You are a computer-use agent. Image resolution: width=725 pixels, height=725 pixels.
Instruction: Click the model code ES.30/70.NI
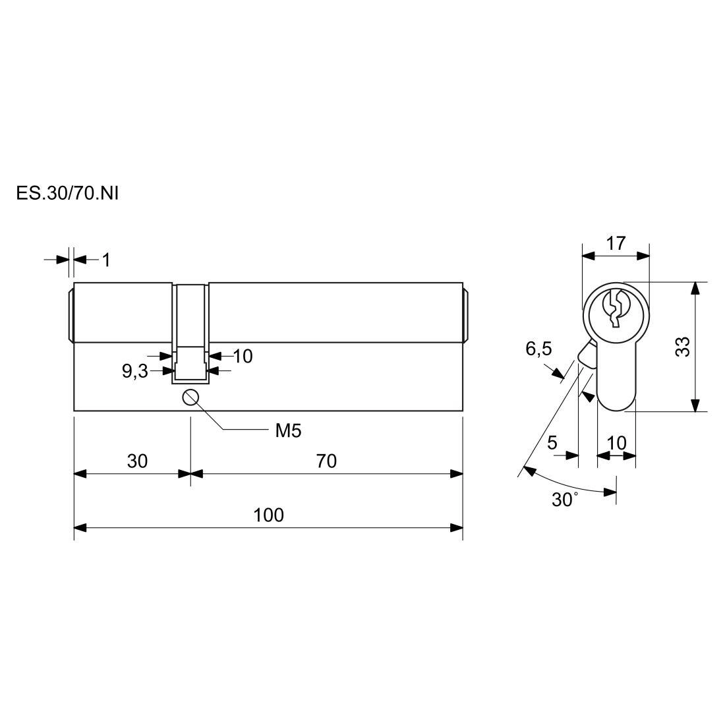(67, 193)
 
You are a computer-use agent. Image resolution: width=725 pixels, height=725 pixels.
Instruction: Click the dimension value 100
(268, 515)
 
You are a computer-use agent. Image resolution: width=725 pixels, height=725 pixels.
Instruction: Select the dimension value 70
(326, 461)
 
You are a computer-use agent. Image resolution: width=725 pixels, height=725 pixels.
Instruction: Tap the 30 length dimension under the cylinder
(137, 461)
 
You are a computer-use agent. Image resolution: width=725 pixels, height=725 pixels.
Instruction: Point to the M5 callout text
(288, 431)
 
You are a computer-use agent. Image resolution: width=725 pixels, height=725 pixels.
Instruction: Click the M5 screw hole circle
(190, 397)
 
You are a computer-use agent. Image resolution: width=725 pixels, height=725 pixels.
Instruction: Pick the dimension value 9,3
(134, 371)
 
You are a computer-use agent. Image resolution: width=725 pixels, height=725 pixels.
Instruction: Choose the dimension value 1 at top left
(106, 260)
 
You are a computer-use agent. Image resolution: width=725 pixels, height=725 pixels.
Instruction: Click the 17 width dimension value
(616, 243)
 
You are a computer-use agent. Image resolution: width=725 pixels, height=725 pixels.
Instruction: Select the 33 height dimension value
(682, 346)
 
